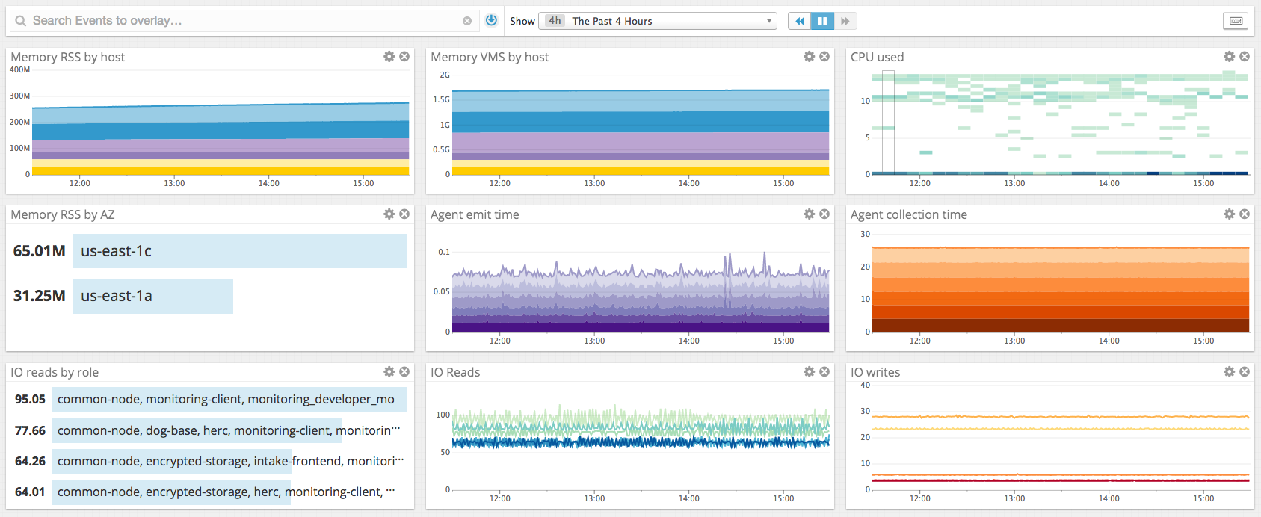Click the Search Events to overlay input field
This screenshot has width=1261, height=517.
point(239,21)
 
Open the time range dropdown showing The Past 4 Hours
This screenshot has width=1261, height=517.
point(658,21)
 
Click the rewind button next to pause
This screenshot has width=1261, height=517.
point(799,21)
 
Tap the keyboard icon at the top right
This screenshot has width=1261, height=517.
point(1236,21)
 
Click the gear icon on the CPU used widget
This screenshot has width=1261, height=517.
point(1229,57)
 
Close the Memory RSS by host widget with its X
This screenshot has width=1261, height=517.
point(404,57)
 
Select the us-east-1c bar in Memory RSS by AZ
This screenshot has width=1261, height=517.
point(239,251)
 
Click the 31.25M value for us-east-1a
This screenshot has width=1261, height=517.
point(39,296)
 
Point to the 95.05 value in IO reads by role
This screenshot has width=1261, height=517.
point(30,399)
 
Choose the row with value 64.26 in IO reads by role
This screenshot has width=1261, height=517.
point(224,461)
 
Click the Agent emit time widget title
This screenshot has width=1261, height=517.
point(475,214)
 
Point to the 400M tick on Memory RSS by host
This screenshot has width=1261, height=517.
point(20,69)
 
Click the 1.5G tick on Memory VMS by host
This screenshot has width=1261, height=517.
point(442,99)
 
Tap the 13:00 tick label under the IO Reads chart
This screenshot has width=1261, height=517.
point(594,498)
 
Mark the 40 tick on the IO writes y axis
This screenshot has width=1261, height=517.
point(866,385)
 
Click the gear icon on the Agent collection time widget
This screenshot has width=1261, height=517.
point(1229,214)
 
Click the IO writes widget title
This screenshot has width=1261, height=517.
point(875,372)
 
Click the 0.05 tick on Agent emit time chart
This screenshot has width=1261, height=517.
point(441,291)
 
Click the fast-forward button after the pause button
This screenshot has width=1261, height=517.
point(845,21)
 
